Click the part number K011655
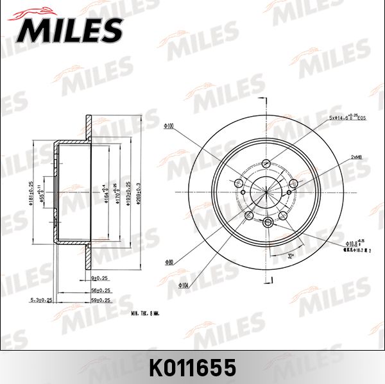[193, 367]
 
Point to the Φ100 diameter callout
[169, 126]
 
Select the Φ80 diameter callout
[169, 262]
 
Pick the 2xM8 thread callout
[357, 157]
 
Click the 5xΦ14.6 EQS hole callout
[347, 118]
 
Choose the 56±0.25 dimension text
[100, 290]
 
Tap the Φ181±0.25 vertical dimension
[31, 192]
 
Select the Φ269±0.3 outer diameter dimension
[139, 192]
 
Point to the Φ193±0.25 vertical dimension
[128, 192]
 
